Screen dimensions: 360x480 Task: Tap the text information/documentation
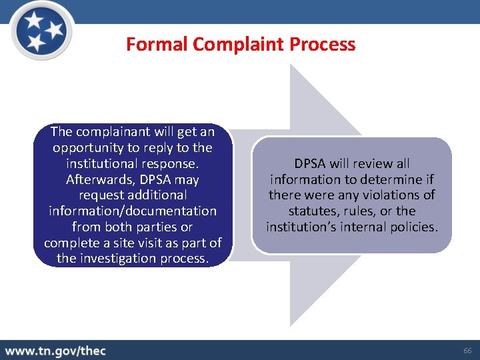(133, 211)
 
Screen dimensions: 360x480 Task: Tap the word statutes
(311, 211)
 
